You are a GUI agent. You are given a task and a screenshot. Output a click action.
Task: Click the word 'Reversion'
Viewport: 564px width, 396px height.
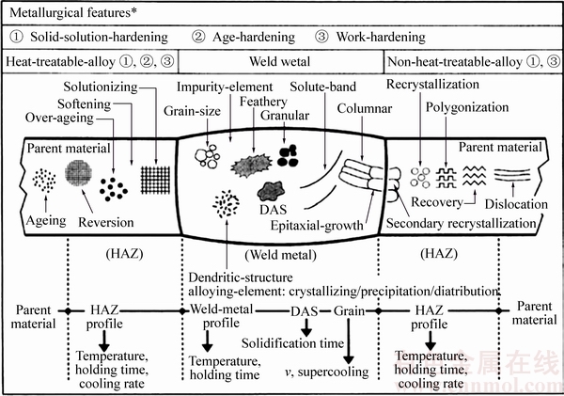(x=108, y=222)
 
